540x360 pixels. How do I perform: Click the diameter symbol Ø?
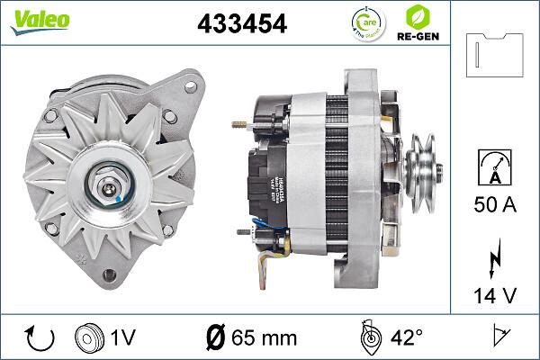coord(215,339)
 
